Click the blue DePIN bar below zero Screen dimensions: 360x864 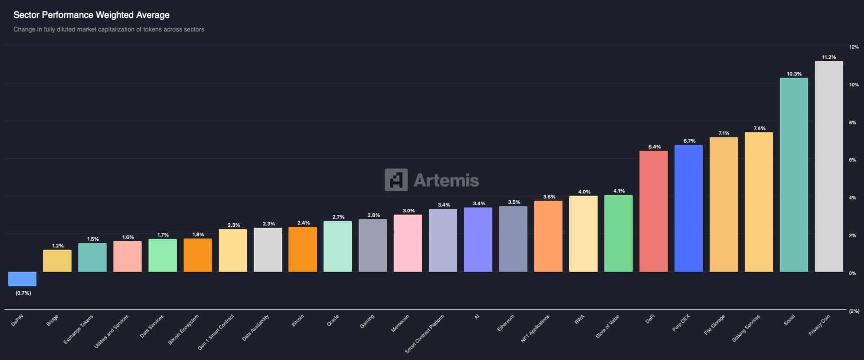click(x=22, y=279)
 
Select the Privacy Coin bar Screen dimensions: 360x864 click(x=829, y=166)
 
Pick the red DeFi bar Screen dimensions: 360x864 click(x=653, y=211)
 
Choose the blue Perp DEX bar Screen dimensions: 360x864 click(x=688, y=208)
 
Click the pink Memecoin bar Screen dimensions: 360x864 click(x=408, y=243)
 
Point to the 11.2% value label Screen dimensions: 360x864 click(x=829, y=57)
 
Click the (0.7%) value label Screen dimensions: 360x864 click(x=23, y=293)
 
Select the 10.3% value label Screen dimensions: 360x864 click(x=794, y=74)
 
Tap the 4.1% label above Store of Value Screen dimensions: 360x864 click(x=619, y=191)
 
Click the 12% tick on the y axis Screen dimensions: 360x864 click(x=854, y=47)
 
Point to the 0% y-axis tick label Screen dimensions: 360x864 click(x=852, y=273)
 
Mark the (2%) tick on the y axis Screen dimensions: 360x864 click(x=854, y=311)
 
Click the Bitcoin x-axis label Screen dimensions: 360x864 click(x=298, y=320)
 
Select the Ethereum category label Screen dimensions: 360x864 click(x=506, y=323)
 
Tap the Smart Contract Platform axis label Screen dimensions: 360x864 click(x=424, y=333)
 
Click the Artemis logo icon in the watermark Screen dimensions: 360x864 click(x=396, y=180)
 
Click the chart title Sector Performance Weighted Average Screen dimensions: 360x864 click(x=91, y=15)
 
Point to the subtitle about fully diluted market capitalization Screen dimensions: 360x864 click(x=108, y=29)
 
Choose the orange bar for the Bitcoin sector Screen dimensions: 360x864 click(x=302, y=249)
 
